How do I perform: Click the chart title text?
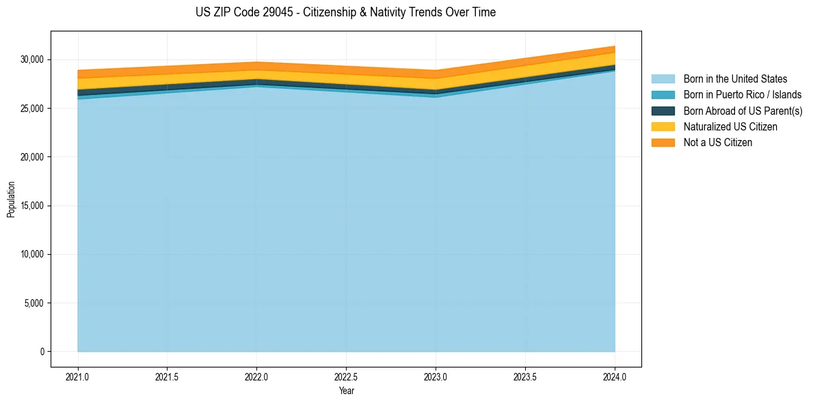click(x=345, y=12)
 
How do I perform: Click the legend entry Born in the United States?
click(x=735, y=79)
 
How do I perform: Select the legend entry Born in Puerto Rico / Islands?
click(x=743, y=95)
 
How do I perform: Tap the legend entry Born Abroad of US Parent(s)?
click(x=743, y=111)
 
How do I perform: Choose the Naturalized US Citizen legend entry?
click(x=730, y=127)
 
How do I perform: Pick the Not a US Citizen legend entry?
click(x=718, y=143)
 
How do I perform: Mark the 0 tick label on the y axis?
click(x=42, y=352)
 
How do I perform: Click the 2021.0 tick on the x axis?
click(x=78, y=376)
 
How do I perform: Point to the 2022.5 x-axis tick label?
click(x=346, y=376)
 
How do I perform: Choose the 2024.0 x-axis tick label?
click(x=615, y=376)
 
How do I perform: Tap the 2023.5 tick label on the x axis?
click(x=525, y=376)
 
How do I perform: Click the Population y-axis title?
click(x=11, y=199)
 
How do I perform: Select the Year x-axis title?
click(x=346, y=391)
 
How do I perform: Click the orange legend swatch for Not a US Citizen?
click(x=663, y=143)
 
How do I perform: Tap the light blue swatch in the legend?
click(x=663, y=79)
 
